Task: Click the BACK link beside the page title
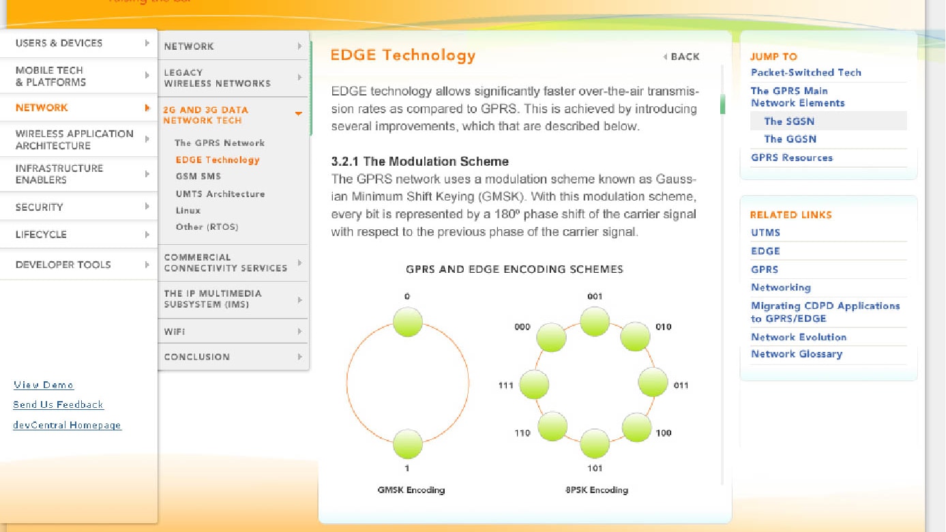pos(681,57)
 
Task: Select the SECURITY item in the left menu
pos(40,207)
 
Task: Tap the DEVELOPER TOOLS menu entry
pos(63,265)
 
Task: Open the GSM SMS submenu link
pos(198,177)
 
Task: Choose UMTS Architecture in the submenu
pos(220,194)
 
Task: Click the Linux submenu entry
pos(188,210)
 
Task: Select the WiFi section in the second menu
pos(175,331)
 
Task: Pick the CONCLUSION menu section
pos(197,357)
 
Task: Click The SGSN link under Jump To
pos(789,121)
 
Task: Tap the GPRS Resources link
pos(791,158)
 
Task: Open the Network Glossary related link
pos(797,354)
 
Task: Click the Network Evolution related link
pos(799,337)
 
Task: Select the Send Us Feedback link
pos(58,404)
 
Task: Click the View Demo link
pos(44,385)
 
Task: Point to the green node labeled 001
pos(595,322)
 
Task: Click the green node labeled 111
pos(534,384)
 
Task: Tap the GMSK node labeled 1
pos(408,444)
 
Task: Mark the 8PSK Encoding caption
pos(597,490)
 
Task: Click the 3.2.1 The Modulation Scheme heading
pos(419,161)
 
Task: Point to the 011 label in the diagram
pos(681,385)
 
